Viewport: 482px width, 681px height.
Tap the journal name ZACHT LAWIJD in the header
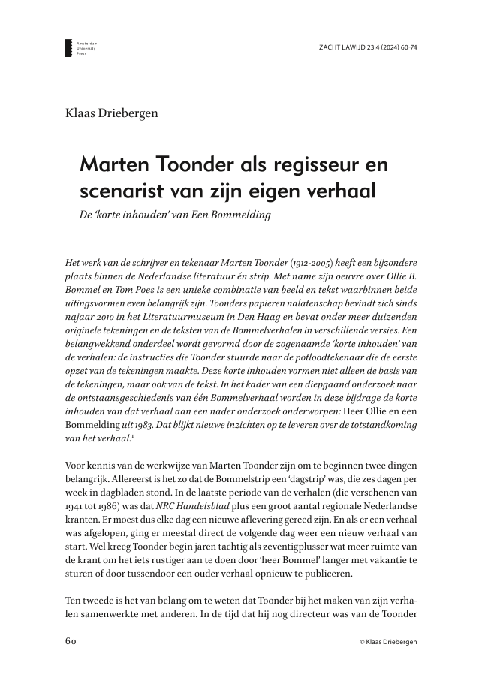tap(343, 47)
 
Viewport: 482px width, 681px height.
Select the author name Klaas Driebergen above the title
tap(112, 113)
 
